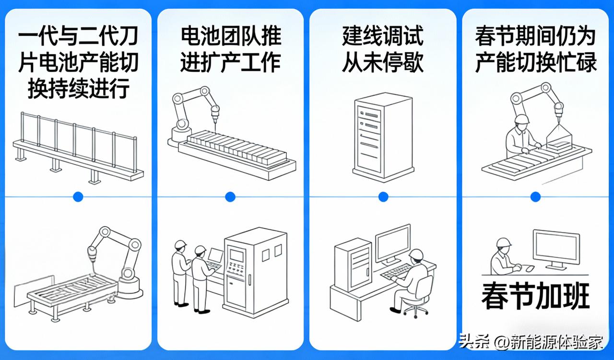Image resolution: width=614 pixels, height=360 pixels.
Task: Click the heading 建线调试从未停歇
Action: click(x=383, y=49)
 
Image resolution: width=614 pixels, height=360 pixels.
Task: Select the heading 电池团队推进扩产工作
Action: click(x=231, y=49)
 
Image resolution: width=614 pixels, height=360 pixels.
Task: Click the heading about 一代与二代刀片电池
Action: click(x=78, y=63)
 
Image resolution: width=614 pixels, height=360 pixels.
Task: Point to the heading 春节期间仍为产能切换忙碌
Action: click(x=535, y=49)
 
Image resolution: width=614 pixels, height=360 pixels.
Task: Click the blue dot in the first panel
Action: click(x=78, y=196)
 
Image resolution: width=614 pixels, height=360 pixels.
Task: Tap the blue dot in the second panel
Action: click(x=230, y=196)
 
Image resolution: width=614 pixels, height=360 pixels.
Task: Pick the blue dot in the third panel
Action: click(x=383, y=196)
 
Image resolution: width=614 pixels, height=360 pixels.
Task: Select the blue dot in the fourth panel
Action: click(x=535, y=196)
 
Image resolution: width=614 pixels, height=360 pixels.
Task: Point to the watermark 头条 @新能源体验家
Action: click(x=530, y=342)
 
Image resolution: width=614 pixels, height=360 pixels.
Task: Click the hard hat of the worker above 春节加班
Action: click(x=503, y=242)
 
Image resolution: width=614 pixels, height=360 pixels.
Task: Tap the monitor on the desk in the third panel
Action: click(x=392, y=242)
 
